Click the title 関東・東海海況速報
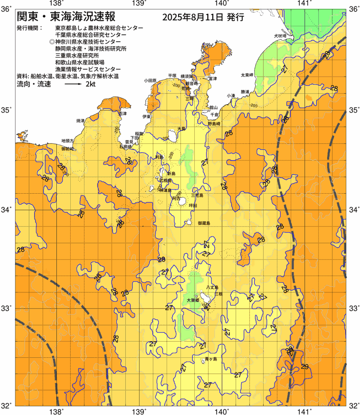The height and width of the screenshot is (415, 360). tap(66, 18)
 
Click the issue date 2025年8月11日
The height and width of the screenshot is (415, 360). tap(193, 18)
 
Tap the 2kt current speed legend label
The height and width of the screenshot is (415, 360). tap(91, 84)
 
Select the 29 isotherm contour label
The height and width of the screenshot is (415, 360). tap(304, 367)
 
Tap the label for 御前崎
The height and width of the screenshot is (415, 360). tap(68, 149)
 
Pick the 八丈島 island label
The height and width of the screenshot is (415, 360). tap(212, 287)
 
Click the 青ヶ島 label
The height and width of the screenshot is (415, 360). tap(210, 359)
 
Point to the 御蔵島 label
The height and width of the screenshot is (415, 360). tap(204, 223)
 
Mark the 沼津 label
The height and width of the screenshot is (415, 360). tap(123, 113)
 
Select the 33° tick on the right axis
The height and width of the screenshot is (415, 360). tap(354, 308)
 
